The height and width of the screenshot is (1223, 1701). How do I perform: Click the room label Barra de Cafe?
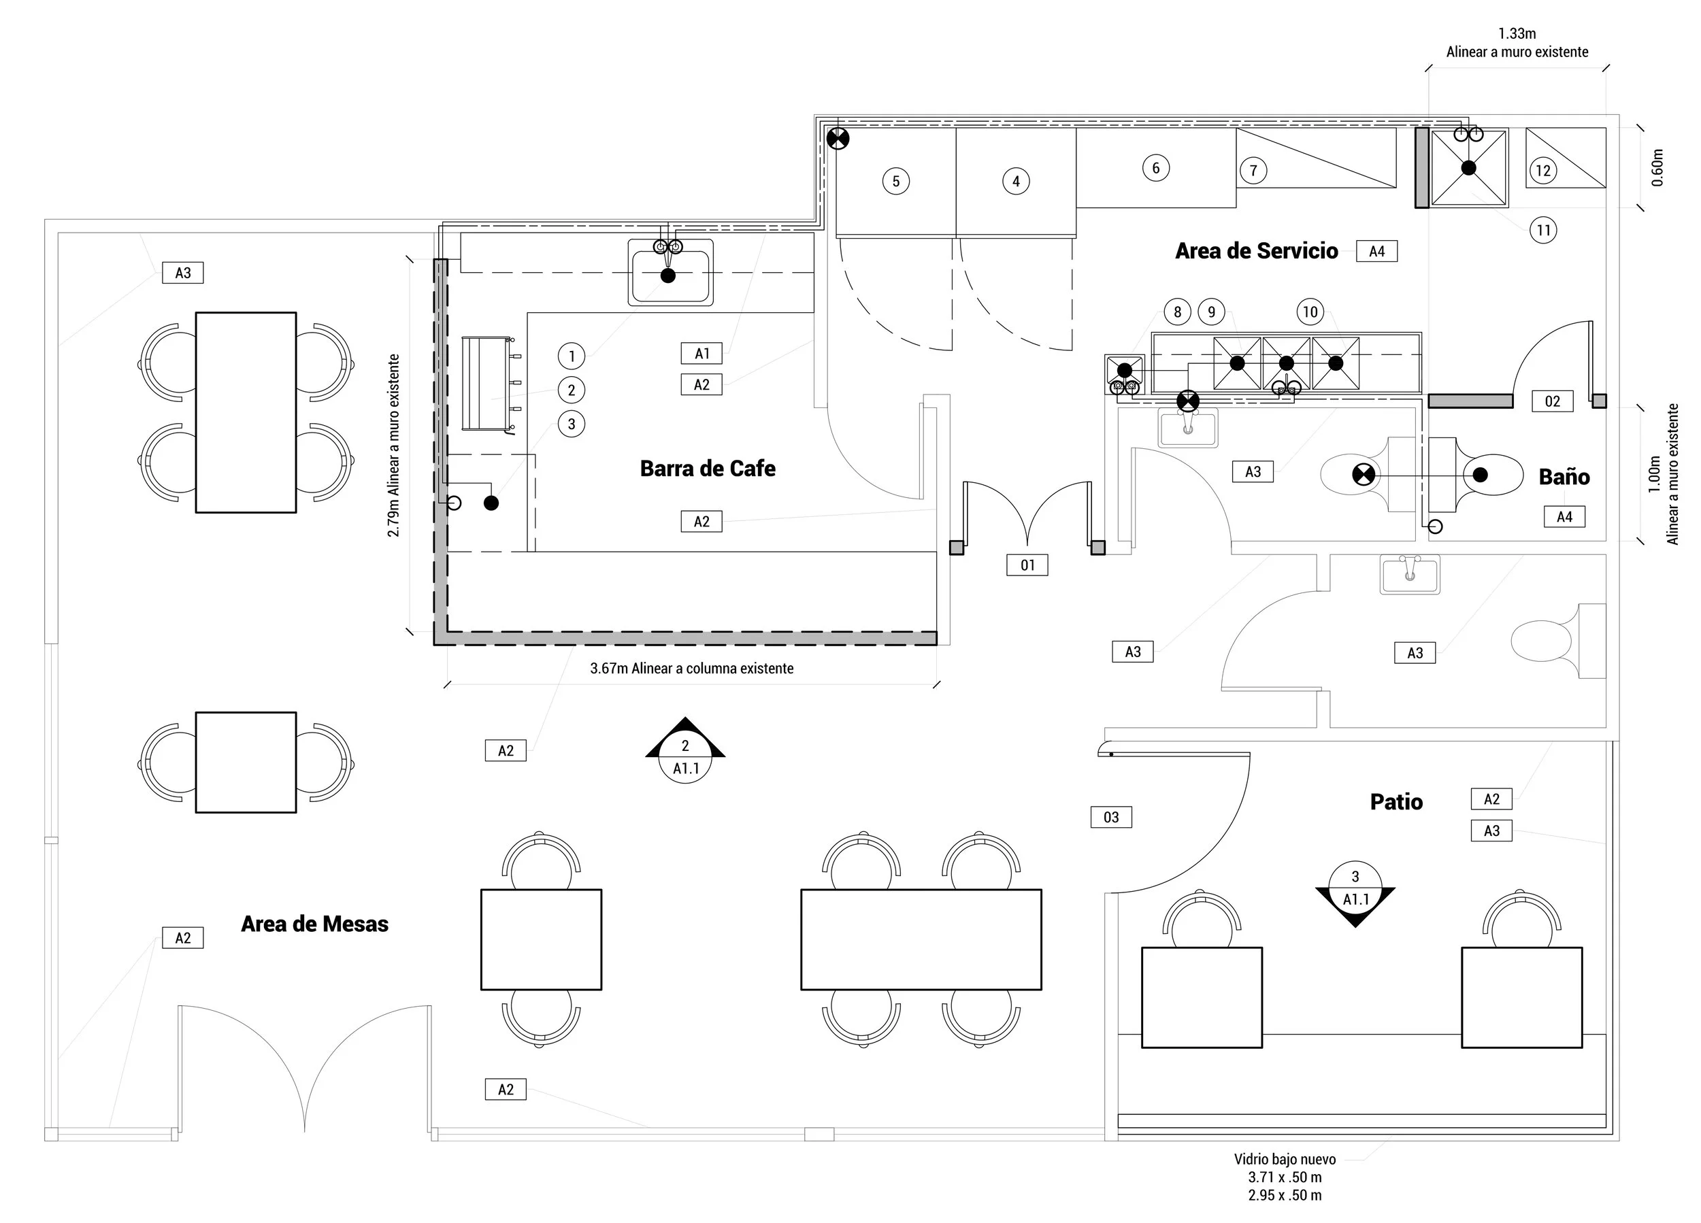[x=707, y=469]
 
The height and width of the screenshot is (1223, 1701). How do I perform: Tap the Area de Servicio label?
[x=1256, y=251]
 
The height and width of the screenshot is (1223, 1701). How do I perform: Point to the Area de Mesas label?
[x=314, y=924]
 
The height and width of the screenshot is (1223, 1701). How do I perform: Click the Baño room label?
[x=1564, y=477]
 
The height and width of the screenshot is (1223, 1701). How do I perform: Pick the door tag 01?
[x=1027, y=565]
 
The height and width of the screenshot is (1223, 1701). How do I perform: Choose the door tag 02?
[x=1552, y=401]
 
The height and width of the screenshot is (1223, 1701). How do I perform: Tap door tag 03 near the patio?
[x=1110, y=818]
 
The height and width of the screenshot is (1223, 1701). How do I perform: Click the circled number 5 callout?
[x=895, y=182]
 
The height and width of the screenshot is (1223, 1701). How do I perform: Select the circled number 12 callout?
[x=1542, y=171]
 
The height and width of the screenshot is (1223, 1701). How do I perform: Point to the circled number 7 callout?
[x=1253, y=171]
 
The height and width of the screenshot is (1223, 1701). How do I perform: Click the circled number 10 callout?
[x=1310, y=312]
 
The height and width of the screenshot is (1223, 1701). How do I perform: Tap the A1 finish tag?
[x=701, y=353]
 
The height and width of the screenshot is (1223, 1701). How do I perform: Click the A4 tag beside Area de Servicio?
[x=1376, y=251]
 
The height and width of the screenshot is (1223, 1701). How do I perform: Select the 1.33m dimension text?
[x=1517, y=34]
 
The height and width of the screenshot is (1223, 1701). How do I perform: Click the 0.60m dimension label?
[x=1657, y=168]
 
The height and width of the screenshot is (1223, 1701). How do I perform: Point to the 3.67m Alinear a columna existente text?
[x=691, y=668]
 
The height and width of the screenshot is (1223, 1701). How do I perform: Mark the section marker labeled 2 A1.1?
[x=684, y=750]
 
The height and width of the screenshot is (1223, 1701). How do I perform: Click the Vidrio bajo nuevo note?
[x=1285, y=1159]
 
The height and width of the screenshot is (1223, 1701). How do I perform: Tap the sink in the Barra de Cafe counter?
[x=670, y=273]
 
